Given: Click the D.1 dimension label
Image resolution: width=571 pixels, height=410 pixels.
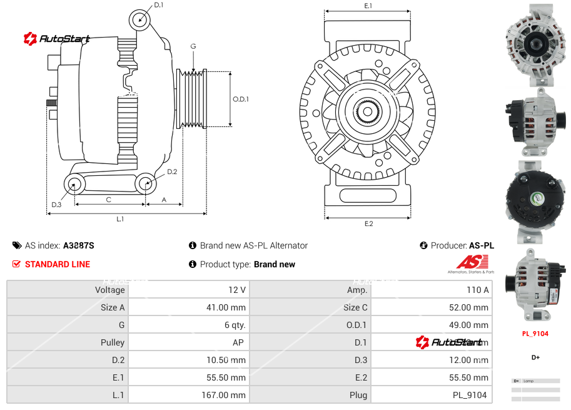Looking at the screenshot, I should point(159,5).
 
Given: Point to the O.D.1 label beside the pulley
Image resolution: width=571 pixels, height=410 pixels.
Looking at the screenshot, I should point(241,99).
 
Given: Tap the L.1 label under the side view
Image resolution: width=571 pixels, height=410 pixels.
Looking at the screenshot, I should point(120,219).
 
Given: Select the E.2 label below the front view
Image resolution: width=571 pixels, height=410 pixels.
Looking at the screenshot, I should point(368,224).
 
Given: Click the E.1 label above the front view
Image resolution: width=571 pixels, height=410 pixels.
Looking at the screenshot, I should point(368,6).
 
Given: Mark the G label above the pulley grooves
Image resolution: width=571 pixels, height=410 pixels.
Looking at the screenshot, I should point(193,47).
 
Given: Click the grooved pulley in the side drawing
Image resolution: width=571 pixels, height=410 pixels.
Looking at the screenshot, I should point(193,99).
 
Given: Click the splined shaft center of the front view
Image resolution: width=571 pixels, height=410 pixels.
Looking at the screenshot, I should point(368,111).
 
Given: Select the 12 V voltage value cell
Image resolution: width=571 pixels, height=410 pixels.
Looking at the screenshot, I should point(238,290).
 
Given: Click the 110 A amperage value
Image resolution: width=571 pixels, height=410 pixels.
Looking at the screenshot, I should point(478,290).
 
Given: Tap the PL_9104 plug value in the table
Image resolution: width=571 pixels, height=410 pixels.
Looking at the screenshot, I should point(470,395).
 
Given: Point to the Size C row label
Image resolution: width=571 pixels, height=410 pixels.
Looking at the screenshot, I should point(355,307).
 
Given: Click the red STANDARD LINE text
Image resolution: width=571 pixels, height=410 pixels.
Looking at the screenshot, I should point(58,264).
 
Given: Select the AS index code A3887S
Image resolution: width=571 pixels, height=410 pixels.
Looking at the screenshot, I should point(78,246).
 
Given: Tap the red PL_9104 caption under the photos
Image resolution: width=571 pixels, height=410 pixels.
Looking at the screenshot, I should point(535,334).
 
